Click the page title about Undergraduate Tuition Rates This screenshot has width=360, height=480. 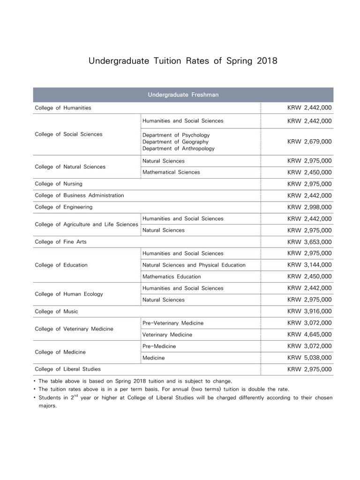tap(183, 61)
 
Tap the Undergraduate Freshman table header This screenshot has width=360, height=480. tap(183, 95)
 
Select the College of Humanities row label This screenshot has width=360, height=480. tap(63, 108)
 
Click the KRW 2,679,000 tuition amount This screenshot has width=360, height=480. tap(309, 142)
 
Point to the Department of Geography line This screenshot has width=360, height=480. tap(175, 142)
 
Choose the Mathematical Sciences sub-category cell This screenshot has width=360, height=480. tap(171, 172)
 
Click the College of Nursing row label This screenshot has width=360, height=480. tap(59, 184)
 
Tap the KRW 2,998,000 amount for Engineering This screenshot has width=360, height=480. tap(309, 207)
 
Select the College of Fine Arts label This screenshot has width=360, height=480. tap(60, 242)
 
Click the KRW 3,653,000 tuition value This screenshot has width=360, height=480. tap(309, 242)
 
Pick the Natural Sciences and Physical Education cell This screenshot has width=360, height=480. tap(194, 265)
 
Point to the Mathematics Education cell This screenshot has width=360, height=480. tap(172, 277)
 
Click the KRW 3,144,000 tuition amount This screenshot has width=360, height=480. tap(309, 265)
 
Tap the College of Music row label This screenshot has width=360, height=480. tap(56, 311)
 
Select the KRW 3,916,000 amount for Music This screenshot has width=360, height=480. tap(309, 311)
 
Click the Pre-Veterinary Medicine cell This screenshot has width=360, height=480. tap(173, 323)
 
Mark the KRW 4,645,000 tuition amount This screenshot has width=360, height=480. tap(309, 335)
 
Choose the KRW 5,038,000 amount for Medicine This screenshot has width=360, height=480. tap(309, 358)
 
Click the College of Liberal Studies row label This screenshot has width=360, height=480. tap(67, 369)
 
